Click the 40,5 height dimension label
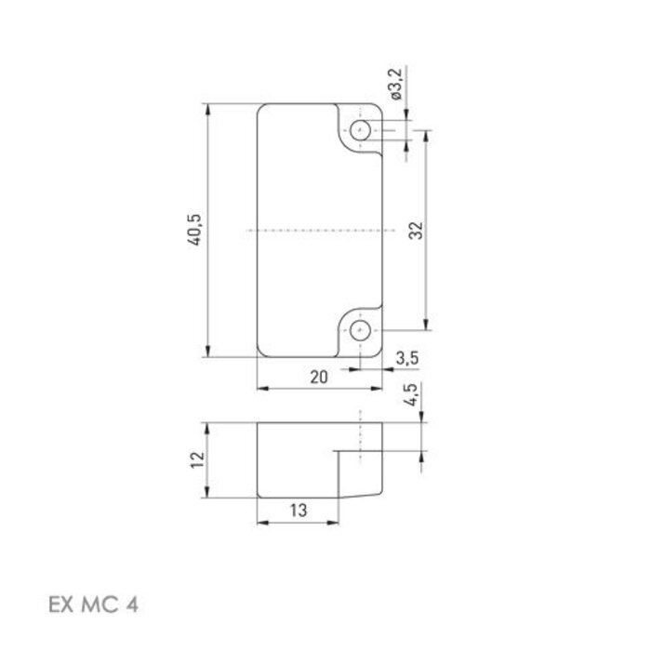(x=194, y=229)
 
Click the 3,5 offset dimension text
(x=405, y=358)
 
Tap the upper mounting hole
(x=360, y=130)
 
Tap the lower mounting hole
(x=360, y=329)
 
